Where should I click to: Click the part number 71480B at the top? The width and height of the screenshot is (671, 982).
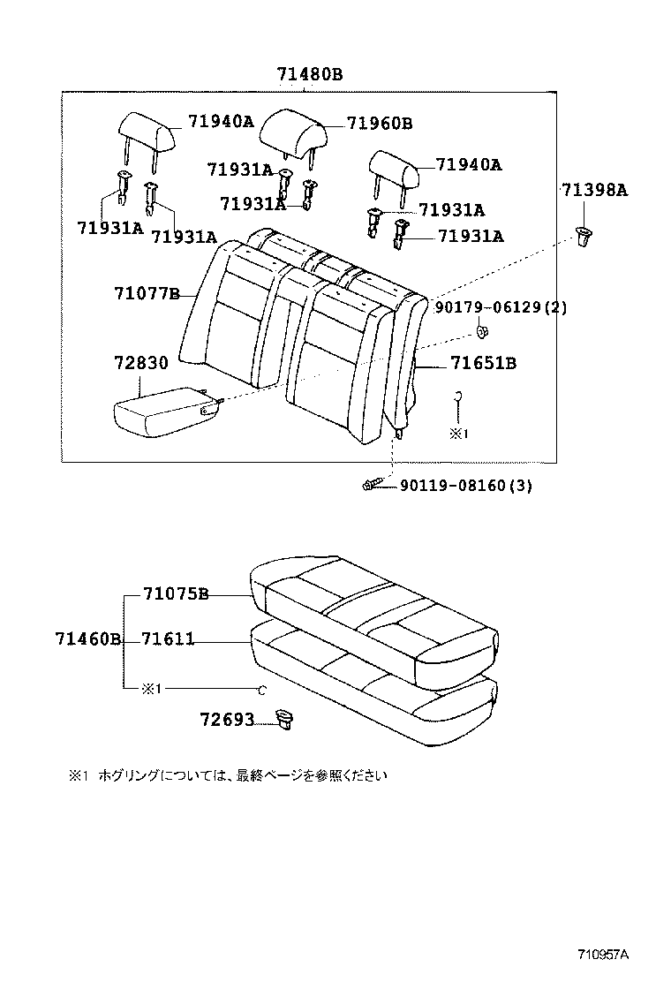[309, 75]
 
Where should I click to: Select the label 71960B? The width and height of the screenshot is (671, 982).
[379, 124]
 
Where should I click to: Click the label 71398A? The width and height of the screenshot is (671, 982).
[594, 189]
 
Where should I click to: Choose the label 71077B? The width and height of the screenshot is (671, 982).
[147, 293]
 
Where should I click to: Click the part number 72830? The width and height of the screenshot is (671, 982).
[139, 364]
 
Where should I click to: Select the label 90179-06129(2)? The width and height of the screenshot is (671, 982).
[501, 306]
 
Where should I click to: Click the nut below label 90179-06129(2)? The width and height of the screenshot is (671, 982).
[483, 332]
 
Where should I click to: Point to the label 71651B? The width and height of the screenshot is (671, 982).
[483, 362]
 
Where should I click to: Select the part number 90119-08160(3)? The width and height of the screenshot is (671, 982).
[466, 486]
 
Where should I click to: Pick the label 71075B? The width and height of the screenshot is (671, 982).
[175, 594]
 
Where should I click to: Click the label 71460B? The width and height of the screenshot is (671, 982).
[87, 639]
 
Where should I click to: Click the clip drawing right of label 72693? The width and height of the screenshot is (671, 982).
[284, 720]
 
